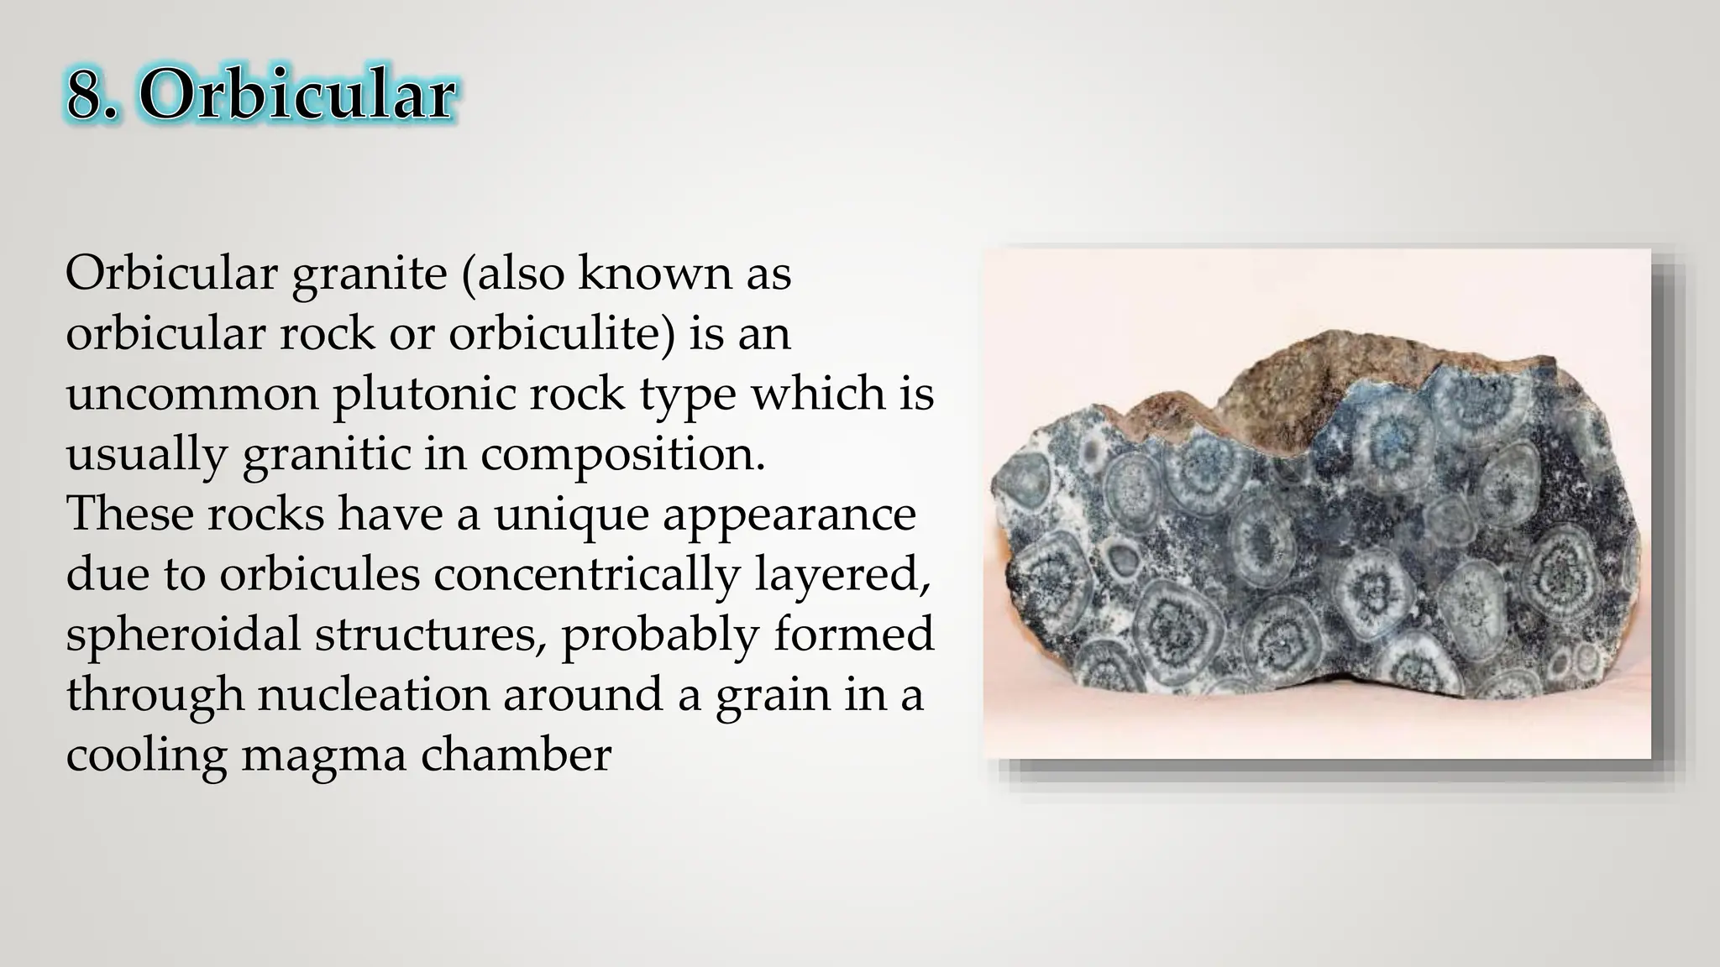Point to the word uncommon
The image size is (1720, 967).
(x=192, y=394)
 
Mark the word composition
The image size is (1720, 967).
(x=622, y=454)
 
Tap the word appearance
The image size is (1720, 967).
(x=789, y=514)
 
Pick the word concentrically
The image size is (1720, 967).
(x=585, y=574)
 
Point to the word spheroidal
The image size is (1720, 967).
(x=183, y=635)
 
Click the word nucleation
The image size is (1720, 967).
(x=373, y=695)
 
